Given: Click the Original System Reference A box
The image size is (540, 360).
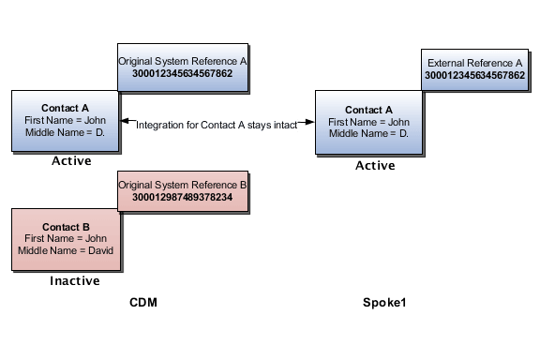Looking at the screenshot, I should (x=183, y=68).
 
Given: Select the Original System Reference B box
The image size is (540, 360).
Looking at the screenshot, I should (x=183, y=192).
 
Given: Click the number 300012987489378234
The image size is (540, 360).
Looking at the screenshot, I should (x=183, y=198).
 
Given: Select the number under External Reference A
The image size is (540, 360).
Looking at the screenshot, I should (x=474, y=75).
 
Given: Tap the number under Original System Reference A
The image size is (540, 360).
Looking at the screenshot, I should (x=183, y=74).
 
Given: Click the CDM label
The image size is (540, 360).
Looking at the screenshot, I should (x=143, y=302).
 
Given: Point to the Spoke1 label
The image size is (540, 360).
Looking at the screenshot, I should (x=384, y=303).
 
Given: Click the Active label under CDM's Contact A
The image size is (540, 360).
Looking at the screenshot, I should (x=71, y=161).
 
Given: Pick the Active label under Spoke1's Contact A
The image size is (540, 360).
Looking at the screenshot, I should (x=375, y=165).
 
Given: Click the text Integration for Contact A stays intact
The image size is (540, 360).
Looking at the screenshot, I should (x=217, y=125).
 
